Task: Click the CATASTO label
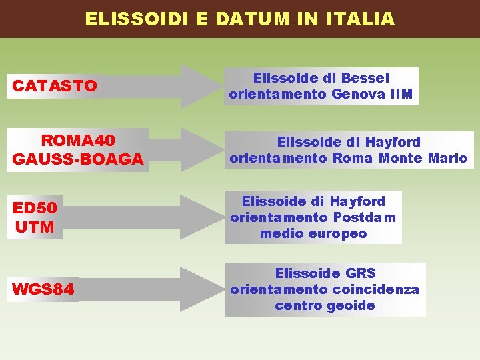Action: pos(55,86)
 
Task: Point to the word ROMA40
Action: pos(78,141)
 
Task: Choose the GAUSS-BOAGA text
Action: pos(78,159)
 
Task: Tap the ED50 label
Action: pos(35,208)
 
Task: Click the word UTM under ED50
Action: pos(35,227)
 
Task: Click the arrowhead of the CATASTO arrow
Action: pos(199,86)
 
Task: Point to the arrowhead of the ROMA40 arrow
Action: pos(199,150)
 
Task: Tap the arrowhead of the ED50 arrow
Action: pos(199,217)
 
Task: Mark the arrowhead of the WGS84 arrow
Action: pos(199,290)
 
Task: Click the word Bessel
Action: pos(365,78)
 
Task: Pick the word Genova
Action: pos(357,95)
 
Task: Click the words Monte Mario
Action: pos(423,159)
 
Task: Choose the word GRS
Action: pos(361,273)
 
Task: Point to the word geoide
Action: pos(351,306)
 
